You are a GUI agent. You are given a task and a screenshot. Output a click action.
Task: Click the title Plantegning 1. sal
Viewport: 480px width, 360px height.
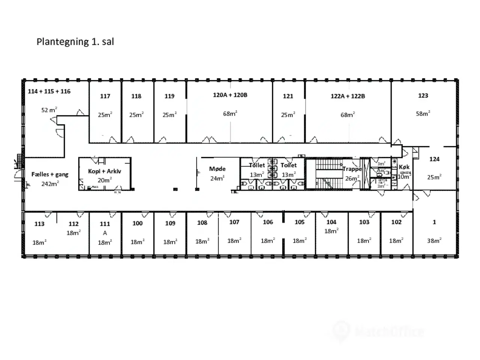point(75,42)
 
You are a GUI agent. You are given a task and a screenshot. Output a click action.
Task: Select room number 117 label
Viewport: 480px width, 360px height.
point(105,96)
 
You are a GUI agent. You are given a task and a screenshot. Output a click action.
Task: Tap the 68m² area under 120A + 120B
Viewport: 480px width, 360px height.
point(230,114)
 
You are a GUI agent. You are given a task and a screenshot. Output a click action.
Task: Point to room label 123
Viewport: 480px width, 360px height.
point(423,96)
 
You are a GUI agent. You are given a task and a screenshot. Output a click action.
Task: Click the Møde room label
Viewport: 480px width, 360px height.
point(217,169)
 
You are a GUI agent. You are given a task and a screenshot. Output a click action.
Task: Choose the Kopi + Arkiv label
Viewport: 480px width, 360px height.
point(105,171)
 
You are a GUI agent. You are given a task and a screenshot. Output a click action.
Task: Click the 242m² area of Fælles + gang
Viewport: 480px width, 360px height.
point(50,184)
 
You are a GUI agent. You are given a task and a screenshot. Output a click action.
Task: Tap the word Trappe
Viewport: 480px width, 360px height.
point(351,169)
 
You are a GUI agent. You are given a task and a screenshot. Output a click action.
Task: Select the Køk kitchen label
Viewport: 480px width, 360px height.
point(404,167)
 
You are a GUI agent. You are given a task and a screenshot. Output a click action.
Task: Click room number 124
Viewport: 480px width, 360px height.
point(434,159)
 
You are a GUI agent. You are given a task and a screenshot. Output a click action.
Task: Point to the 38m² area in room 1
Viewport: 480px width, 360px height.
point(434,241)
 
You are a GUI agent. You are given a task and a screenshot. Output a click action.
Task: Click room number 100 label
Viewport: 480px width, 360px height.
point(138,223)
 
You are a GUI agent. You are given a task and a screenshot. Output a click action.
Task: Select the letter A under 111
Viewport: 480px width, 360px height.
point(105,233)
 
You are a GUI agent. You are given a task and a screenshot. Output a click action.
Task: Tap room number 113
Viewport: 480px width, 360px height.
point(39,224)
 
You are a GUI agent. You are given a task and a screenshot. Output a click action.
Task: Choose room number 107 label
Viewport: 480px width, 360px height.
point(234,222)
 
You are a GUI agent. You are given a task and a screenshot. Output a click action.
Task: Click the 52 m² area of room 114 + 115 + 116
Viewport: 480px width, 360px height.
point(49,110)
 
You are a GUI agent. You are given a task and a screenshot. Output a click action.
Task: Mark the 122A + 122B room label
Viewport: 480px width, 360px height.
point(348,96)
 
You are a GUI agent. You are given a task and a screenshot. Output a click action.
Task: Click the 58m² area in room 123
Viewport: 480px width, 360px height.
point(423,114)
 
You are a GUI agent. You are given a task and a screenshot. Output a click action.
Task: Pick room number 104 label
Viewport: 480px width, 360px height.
point(331,222)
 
